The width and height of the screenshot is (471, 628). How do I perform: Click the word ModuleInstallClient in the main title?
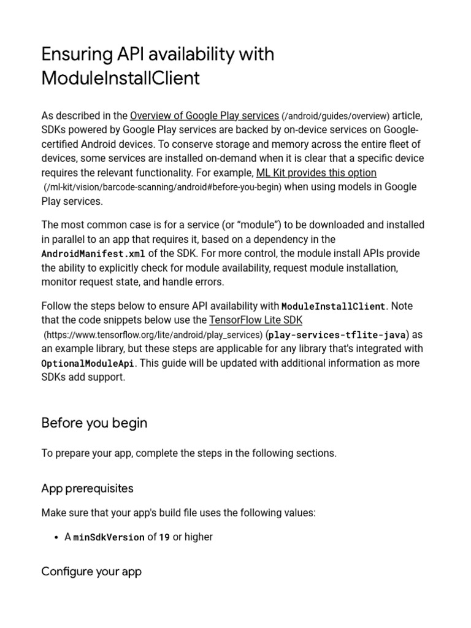pyautogui.click(x=120, y=78)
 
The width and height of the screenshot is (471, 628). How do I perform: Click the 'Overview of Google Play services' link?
pyautogui.click(x=205, y=116)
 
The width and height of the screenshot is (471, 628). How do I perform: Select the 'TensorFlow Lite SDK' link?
pyautogui.click(x=256, y=320)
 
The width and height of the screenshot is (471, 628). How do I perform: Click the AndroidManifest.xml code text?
pyautogui.click(x=93, y=254)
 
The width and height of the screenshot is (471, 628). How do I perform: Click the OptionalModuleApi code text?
pyautogui.click(x=88, y=363)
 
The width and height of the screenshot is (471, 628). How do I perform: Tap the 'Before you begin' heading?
pyautogui.click(x=94, y=423)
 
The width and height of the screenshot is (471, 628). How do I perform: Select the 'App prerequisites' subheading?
pyautogui.click(x=87, y=488)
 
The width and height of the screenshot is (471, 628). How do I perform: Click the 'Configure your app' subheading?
pyautogui.click(x=91, y=572)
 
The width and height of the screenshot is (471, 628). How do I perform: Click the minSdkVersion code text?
pyautogui.click(x=109, y=537)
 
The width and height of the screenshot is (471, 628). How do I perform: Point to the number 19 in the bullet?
pyautogui.click(x=164, y=537)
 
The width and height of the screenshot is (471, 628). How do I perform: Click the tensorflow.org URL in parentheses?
pyautogui.click(x=153, y=335)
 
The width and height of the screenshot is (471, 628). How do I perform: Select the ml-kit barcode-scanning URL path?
pyautogui.click(x=162, y=187)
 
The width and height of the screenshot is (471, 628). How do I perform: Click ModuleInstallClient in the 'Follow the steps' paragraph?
pyautogui.click(x=333, y=306)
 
